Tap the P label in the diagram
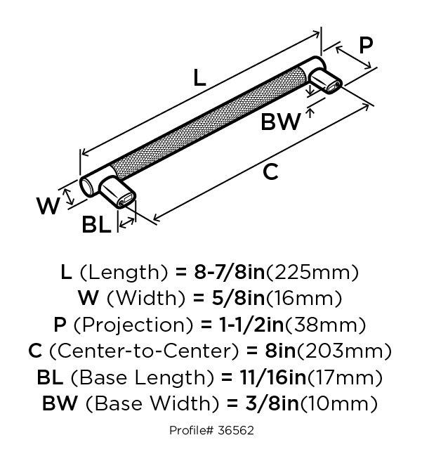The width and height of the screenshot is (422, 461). tap(366, 45)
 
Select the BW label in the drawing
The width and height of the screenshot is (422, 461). tap(280, 122)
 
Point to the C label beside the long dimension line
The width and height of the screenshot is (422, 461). tap(270, 172)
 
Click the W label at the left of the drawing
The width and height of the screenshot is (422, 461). tap(48, 206)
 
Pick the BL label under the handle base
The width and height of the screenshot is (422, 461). tap(96, 225)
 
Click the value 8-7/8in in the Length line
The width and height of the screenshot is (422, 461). tap(230, 272)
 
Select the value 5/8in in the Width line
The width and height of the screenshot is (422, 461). tap(238, 298)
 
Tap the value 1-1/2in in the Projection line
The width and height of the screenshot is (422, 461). tap(252, 325)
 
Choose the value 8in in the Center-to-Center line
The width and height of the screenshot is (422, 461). tap(280, 351)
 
